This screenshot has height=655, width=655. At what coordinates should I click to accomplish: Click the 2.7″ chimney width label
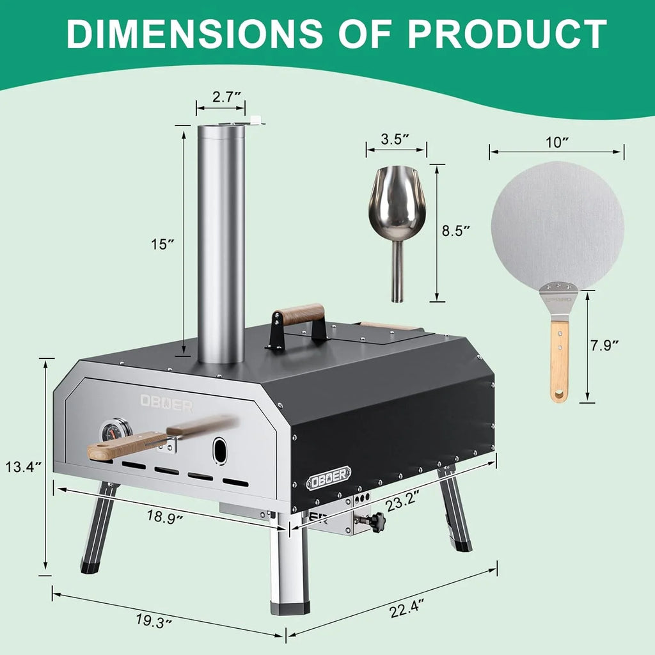pos(227,97)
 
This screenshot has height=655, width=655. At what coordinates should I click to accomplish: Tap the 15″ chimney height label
pos(162,244)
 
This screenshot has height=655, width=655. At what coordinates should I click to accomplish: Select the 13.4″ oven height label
pos(23,466)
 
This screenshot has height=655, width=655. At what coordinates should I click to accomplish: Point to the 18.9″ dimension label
pos(164,516)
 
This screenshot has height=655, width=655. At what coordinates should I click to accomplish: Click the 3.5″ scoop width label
pos(395,139)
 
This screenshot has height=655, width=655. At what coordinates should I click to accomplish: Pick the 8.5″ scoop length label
pos(456,230)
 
